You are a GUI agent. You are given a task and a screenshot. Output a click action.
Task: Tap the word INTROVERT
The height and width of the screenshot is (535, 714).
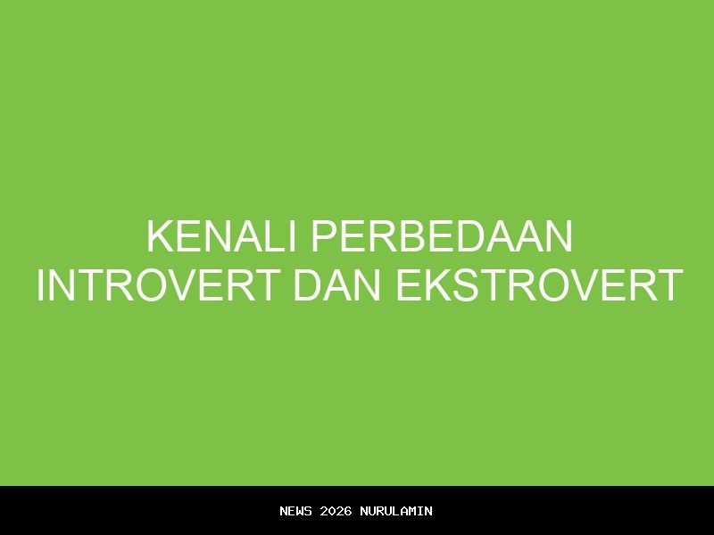pos(157,285)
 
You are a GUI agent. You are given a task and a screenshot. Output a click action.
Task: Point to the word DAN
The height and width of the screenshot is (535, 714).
pos(338,285)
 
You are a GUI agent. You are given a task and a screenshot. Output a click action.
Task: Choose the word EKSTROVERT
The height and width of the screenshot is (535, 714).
pos(539,285)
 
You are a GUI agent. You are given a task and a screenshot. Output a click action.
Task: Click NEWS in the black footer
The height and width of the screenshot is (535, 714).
pos(295,511)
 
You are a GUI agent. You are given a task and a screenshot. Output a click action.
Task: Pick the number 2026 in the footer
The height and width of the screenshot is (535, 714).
pos(336,511)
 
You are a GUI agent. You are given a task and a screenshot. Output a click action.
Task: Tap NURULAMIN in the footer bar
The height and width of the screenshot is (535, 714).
pos(396,511)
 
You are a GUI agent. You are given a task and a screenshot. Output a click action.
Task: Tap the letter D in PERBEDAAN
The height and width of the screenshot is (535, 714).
pos(474,237)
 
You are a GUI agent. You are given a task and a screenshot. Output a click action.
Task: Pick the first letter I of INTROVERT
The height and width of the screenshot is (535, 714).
pos(41,285)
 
